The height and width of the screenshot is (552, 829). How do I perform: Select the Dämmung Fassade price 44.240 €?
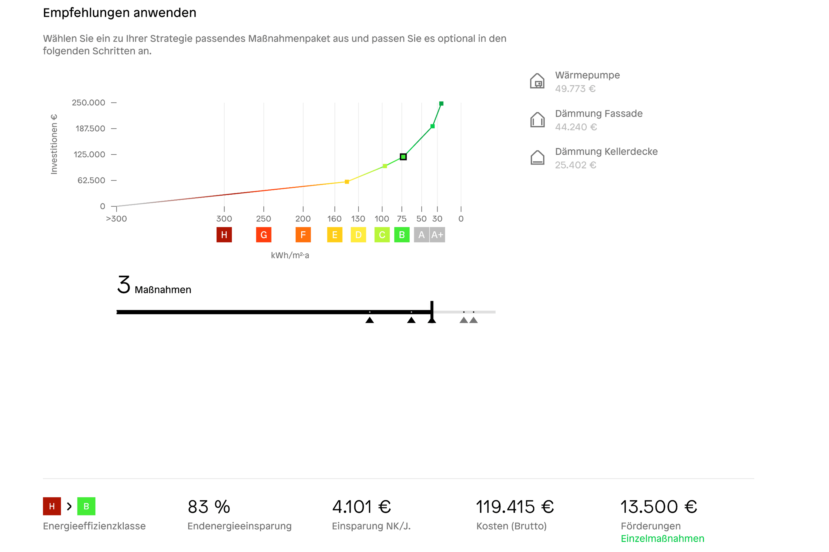[x=576, y=127]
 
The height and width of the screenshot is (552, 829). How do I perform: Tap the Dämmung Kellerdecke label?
[x=606, y=152]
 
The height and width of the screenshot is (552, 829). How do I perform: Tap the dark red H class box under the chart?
[x=224, y=235]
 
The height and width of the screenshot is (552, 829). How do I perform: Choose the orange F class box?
[x=303, y=235]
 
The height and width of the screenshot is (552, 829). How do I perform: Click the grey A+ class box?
[x=437, y=235]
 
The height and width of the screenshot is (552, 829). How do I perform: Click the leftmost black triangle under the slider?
[x=369, y=320]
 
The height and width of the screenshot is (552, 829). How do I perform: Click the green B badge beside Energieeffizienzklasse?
[x=86, y=506]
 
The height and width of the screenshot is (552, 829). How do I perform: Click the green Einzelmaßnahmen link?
[x=662, y=539]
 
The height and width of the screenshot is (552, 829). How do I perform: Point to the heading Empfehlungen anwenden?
[x=119, y=13]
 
